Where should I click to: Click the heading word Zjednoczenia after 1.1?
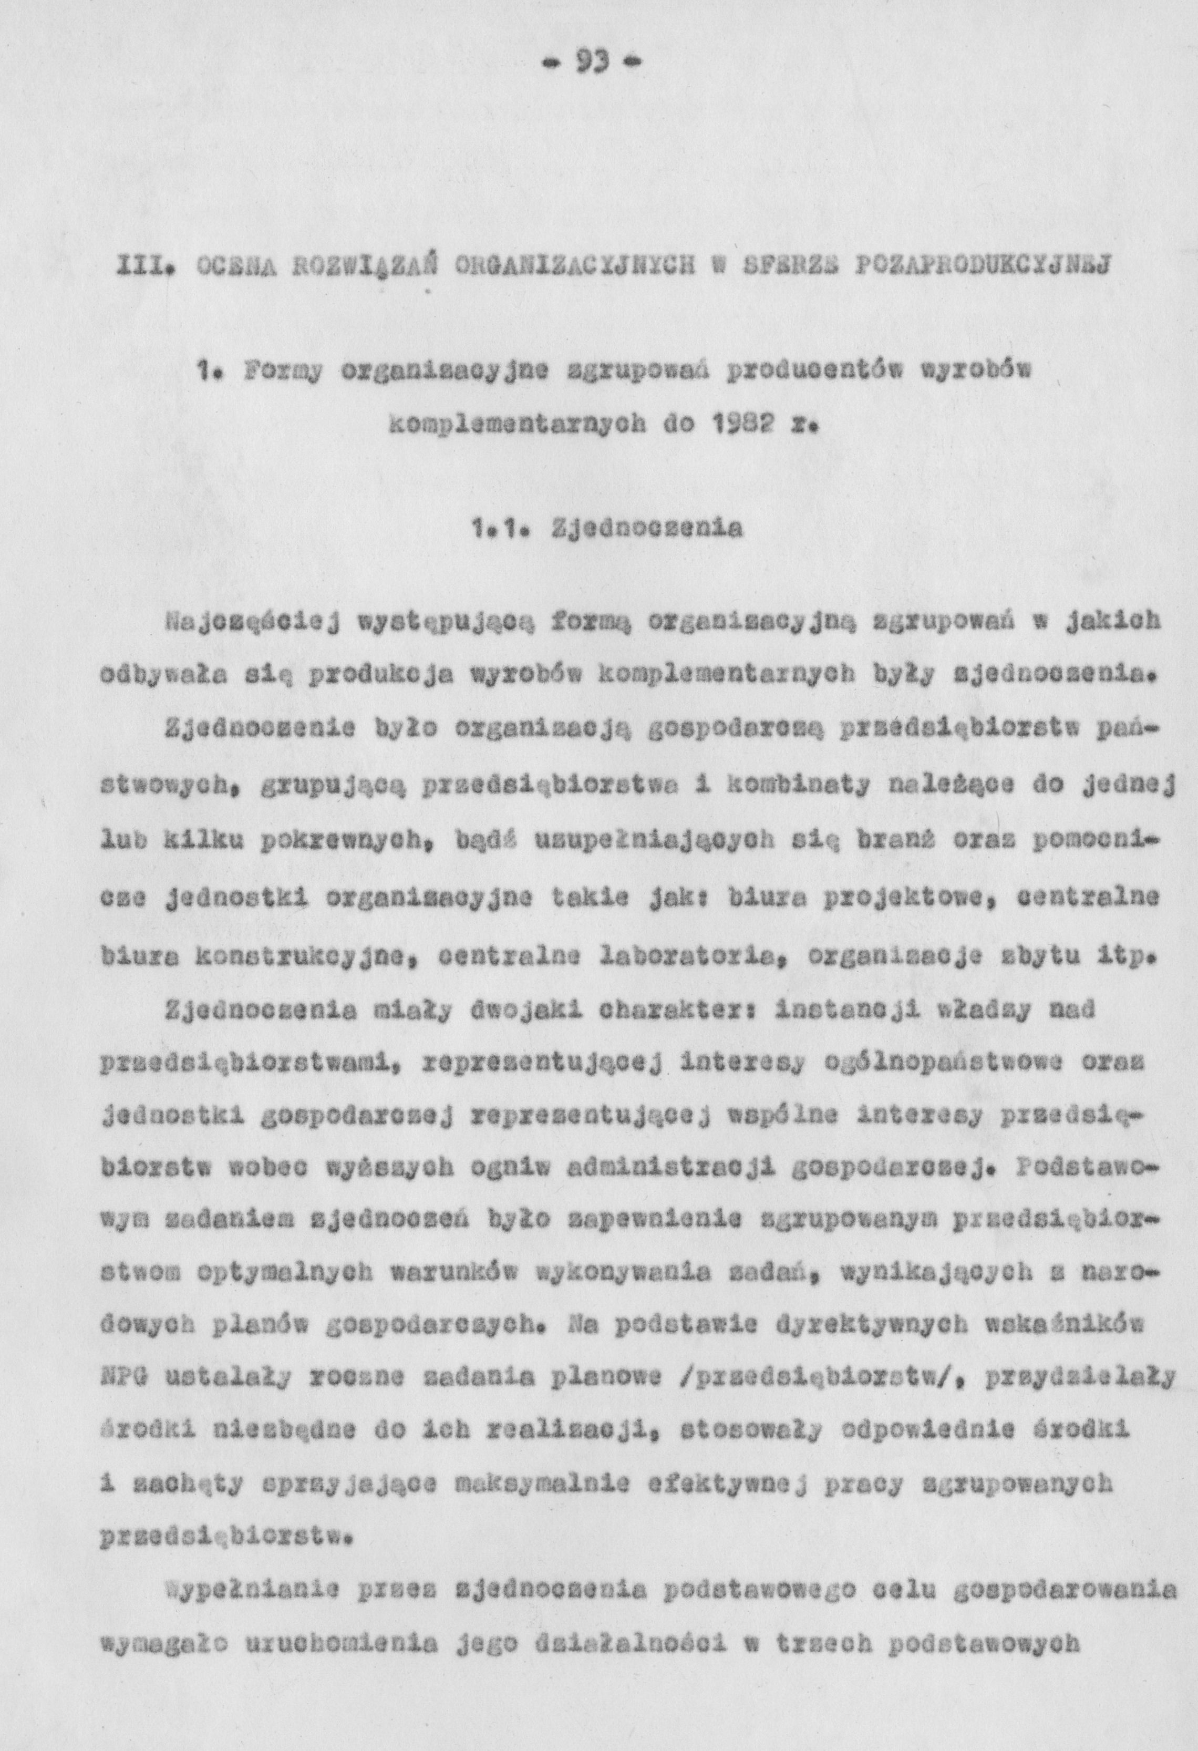point(646,529)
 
